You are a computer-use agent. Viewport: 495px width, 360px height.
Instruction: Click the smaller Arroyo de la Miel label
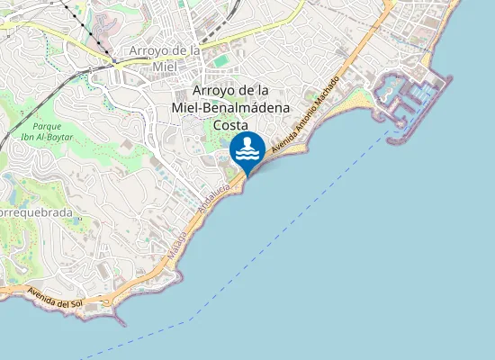coord(165,58)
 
